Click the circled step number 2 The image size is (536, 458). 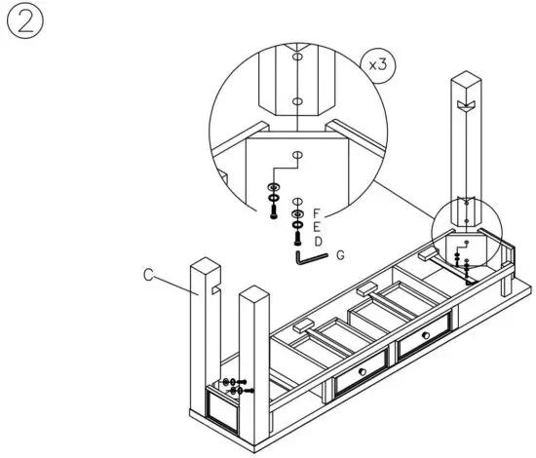click(x=24, y=24)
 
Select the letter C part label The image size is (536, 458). click(x=149, y=276)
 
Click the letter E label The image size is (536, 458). click(x=317, y=225)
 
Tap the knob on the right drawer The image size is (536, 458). click(x=426, y=336)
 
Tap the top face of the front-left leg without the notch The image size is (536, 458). click(x=253, y=293)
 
